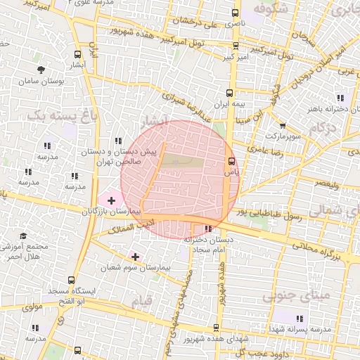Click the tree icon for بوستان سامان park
click(42, 70)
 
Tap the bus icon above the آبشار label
click(77, 54)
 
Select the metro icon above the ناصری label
click(236, 13)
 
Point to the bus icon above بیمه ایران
click(229, 92)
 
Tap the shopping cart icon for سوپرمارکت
click(282, 126)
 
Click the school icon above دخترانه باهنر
click(341, 98)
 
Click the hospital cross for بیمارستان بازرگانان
click(111, 201)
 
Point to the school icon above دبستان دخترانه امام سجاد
click(207, 229)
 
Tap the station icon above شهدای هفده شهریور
click(216, 328)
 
